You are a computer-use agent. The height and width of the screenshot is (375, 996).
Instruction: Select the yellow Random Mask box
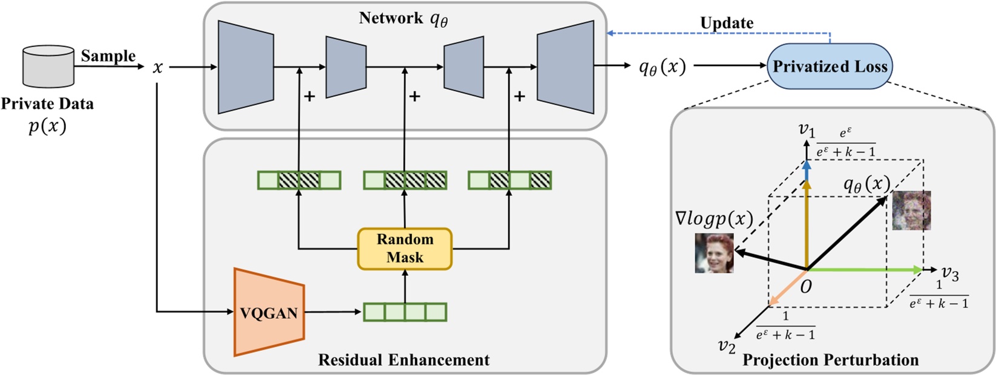pos(405,248)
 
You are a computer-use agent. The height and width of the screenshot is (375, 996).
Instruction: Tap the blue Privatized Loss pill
pos(830,67)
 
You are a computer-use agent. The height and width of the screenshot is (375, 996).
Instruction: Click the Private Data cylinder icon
pos(48,67)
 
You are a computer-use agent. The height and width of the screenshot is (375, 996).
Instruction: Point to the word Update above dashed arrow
pos(727,23)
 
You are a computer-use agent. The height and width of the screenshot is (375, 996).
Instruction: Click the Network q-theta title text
pos(404,18)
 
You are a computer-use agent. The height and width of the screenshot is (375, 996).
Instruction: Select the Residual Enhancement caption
pos(404,360)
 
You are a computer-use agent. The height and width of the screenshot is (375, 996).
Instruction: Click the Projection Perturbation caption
pos(830,360)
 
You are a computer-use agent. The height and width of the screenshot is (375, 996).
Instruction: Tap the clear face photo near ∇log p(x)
pos(714,253)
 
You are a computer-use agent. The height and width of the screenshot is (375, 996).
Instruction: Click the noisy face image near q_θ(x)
pos(911,210)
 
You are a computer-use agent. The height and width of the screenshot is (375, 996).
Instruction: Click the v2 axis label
pos(727,346)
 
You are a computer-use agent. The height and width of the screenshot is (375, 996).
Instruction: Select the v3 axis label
pos(950,275)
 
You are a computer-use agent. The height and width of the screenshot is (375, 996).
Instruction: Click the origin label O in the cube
pos(805,287)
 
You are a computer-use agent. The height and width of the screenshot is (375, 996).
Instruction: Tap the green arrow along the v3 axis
pos(865,270)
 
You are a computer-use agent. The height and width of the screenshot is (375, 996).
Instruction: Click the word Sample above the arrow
pos(108,56)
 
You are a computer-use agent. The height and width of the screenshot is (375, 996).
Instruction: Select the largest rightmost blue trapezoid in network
pos(565,67)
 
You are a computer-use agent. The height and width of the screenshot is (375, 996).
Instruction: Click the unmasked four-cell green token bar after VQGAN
pos(405,312)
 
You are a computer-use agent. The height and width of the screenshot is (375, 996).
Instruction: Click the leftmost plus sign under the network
pos(309,96)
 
